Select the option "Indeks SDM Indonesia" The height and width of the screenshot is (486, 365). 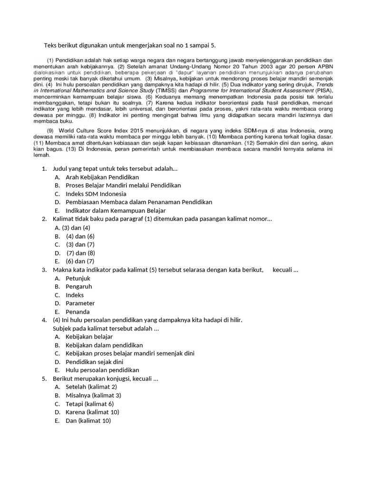(96, 194)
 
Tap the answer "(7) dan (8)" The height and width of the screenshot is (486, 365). (81, 252)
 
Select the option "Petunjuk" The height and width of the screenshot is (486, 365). (78, 278)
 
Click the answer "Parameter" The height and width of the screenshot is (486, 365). (80, 303)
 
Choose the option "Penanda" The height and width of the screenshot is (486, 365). (77, 312)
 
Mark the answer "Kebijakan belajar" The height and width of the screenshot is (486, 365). (89, 336)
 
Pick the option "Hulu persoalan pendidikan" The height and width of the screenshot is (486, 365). (102, 370)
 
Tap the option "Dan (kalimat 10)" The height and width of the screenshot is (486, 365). (88, 421)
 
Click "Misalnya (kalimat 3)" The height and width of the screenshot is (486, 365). (93, 395)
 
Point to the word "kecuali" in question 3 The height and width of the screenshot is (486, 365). (283, 270)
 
